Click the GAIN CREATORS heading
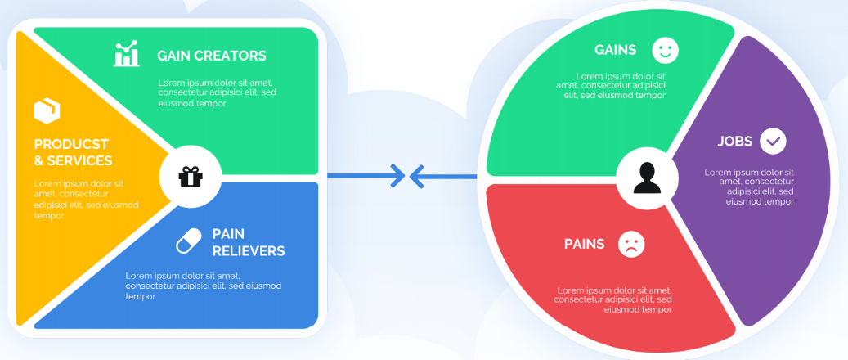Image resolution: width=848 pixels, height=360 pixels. pos(212,56)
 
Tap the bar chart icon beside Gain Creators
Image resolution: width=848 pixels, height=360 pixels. pos(127,54)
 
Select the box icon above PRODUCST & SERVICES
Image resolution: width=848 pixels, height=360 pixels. pos(47,110)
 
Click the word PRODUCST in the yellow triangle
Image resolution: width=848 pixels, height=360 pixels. pos(71,145)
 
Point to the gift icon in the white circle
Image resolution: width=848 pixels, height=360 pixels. pos(191,177)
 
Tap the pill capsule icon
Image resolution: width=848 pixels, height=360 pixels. pos(189,241)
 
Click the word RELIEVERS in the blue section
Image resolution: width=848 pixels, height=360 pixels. pos(249,251)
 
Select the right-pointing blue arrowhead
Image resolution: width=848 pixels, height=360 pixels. pos(398,176)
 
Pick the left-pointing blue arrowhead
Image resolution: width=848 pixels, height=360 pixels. pos(416,176)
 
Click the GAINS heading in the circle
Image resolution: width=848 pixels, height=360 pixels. pos(616,51)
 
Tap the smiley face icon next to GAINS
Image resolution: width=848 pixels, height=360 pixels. pos(665,51)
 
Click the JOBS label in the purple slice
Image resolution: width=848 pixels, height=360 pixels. pos(735,142)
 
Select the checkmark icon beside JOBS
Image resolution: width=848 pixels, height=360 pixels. pos(774,142)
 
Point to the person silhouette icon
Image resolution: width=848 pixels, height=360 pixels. pos(648,178)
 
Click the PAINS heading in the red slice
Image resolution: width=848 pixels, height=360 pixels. pos(584,244)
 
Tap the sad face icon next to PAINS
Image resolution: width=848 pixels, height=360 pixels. pos(631,244)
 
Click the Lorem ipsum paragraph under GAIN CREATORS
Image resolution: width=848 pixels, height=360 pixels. pos(215,93)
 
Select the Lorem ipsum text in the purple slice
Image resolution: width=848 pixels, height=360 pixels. pos(749,187)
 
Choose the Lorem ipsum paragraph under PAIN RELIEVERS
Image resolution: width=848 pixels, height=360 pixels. pos(204,286)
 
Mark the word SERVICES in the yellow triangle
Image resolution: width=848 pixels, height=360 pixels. pos(79,161)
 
